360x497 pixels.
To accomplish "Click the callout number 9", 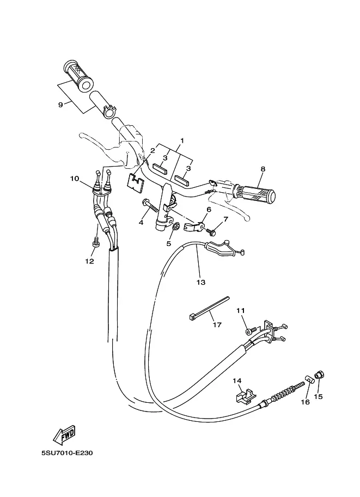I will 60,105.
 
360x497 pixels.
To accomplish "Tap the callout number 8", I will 263,169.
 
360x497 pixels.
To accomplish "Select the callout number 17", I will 217,325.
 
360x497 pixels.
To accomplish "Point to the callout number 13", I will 201,283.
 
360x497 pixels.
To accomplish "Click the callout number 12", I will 89,261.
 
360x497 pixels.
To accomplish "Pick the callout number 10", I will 75,178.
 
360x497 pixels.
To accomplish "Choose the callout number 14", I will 237,381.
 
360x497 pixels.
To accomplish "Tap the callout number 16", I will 305,402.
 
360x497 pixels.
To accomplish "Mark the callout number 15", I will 319,397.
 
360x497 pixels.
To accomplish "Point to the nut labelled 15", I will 320,375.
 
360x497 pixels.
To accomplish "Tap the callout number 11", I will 241,310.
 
